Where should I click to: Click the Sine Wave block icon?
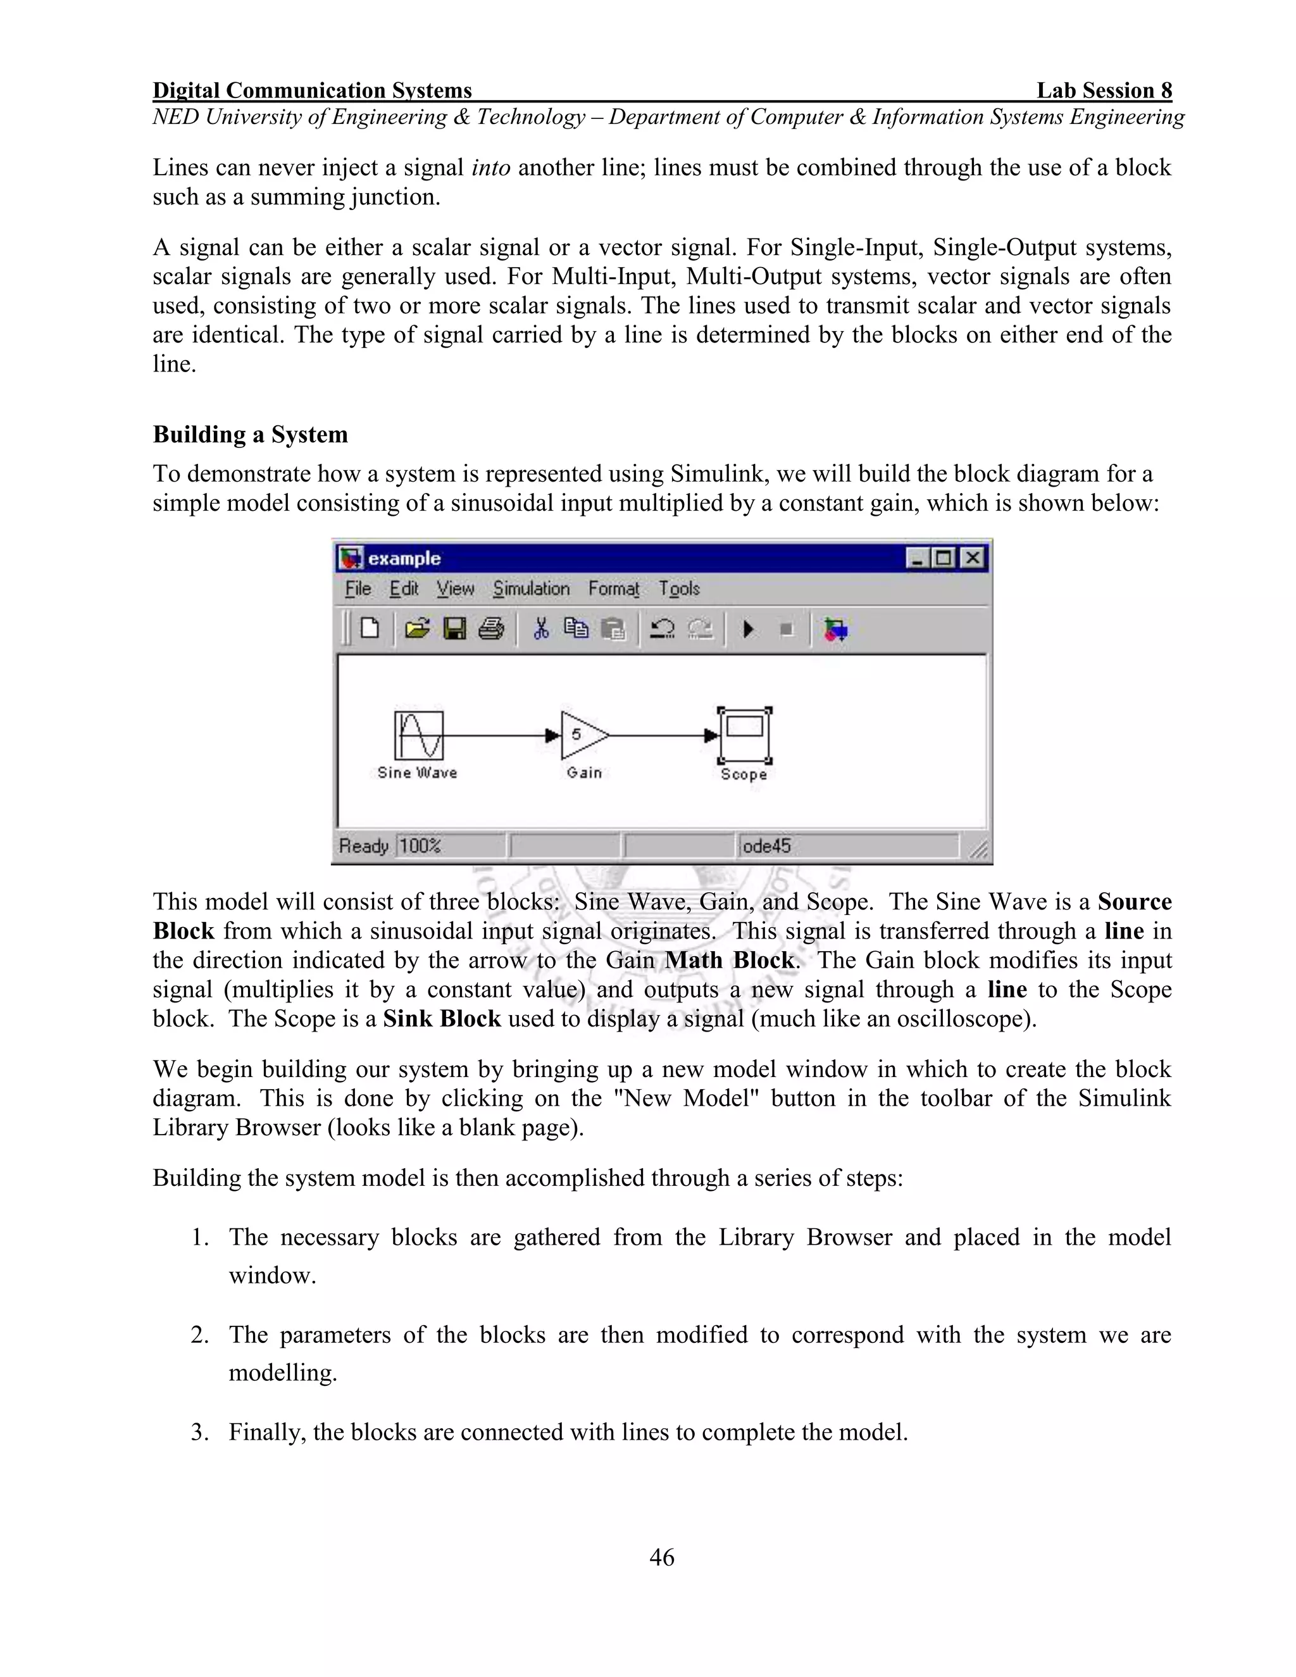(x=419, y=735)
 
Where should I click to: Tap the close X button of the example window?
(x=972, y=558)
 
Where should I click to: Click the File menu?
(x=358, y=589)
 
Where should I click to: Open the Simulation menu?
(x=532, y=589)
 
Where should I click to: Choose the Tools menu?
(x=679, y=589)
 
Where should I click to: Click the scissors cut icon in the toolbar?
(x=540, y=630)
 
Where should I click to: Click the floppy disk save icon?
(x=454, y=630)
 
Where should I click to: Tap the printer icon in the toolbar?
(x=491, y=630)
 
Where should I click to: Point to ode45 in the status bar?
(x=766, y=846)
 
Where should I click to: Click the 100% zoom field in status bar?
(x=421, y=846)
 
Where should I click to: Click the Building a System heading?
(x=251, y=435)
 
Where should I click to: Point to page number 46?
(x=662, y=1558)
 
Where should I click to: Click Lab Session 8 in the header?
(x=1104, y=90)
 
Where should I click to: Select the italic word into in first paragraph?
(x=490, y=168)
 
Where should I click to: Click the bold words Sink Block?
(x=442, y=1019)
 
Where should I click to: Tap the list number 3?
(x=199, y=1433)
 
